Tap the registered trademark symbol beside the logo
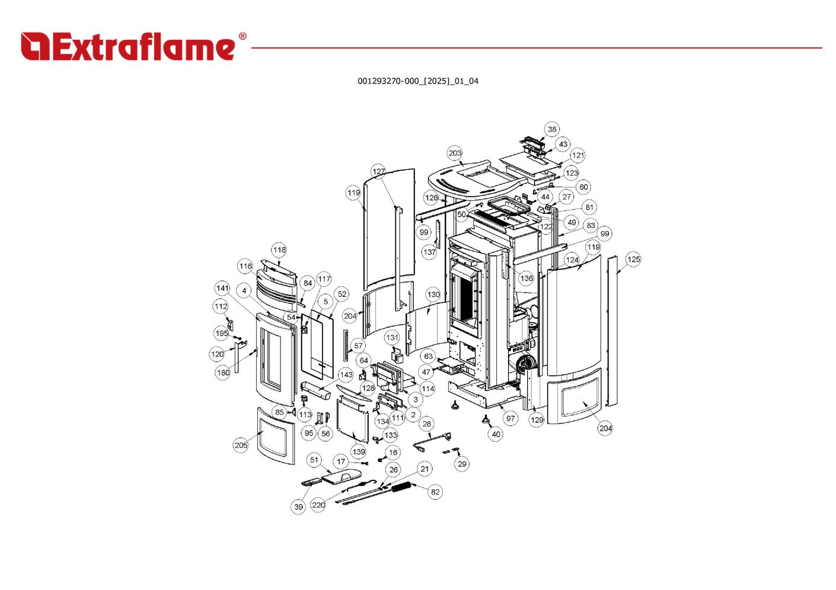(x=242, y=36)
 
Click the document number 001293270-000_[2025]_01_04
(x=417, y=81)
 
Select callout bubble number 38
(x=552, y=129)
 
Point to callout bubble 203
(x=455, y=153)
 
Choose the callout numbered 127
(x=379, y=171)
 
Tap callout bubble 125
(x=633, y=259)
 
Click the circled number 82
(x=435, y=492)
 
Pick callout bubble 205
(x=241, y=445)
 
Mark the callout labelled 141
(x=222, y=288)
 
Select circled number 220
(x=318, y=505)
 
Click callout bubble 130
(x=433, y=294)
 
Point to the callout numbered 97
(x=510, y=418)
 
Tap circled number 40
(x=496, y=434)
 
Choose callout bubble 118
(x=279, y=249)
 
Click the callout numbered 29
(x=462, y=464)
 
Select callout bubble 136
(x=527, y=278)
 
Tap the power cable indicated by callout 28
(x=433, y=441)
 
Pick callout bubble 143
(x=346, y=374)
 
